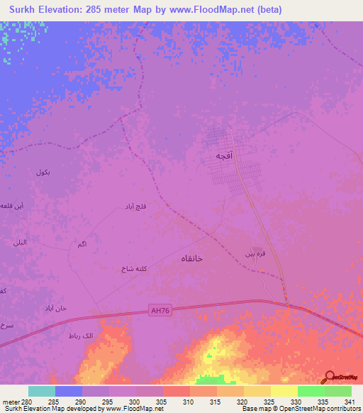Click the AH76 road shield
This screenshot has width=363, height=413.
pyautogui.click(x=161, y=309)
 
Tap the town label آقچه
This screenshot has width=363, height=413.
pyautogui.click(x=225, y=155)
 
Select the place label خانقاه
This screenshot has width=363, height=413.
pyautogui.click(x=188, y=259)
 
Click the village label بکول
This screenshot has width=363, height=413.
pyautogui.click(x=43, y=172)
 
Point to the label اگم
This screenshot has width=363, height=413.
pyautogui.click(x=81, y=244)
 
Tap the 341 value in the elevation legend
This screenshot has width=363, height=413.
pyautogui.click(x=350, y=402)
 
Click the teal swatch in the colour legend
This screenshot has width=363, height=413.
pyautogui.click(x=42, y=391)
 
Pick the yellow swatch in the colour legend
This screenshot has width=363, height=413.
pyautogui.click(x=284, y=391)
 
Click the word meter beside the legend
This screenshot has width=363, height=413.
pyautogui.click(x=13, y=402)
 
